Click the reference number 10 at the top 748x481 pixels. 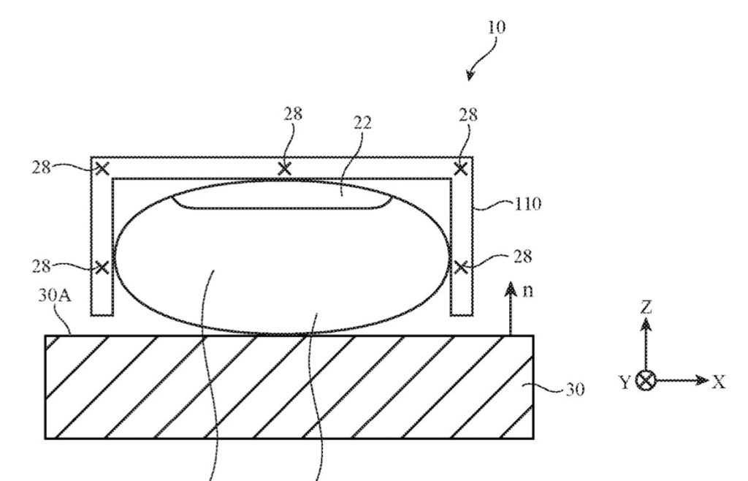pyautogui.click(x=495, y=27)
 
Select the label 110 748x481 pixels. pyautogui.click(x=527, y=205)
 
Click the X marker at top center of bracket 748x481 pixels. pyautogui.click(x=285, y=169)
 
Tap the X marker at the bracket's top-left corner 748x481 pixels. pyautogui.click(x=102, y=170)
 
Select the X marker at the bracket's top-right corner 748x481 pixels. pyautogui.click(x=461, y=170)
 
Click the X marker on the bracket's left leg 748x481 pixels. pyautogui.click(x=102, y=267)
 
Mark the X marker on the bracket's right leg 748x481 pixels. pyautogui.click(x=461, y=267)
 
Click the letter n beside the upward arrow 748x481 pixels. pyautogui.click(x=528, y=292)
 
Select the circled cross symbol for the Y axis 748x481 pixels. pyautogui.click(x=646, y=381)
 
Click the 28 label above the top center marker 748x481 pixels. pyautogui.click(x=294, y=113)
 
